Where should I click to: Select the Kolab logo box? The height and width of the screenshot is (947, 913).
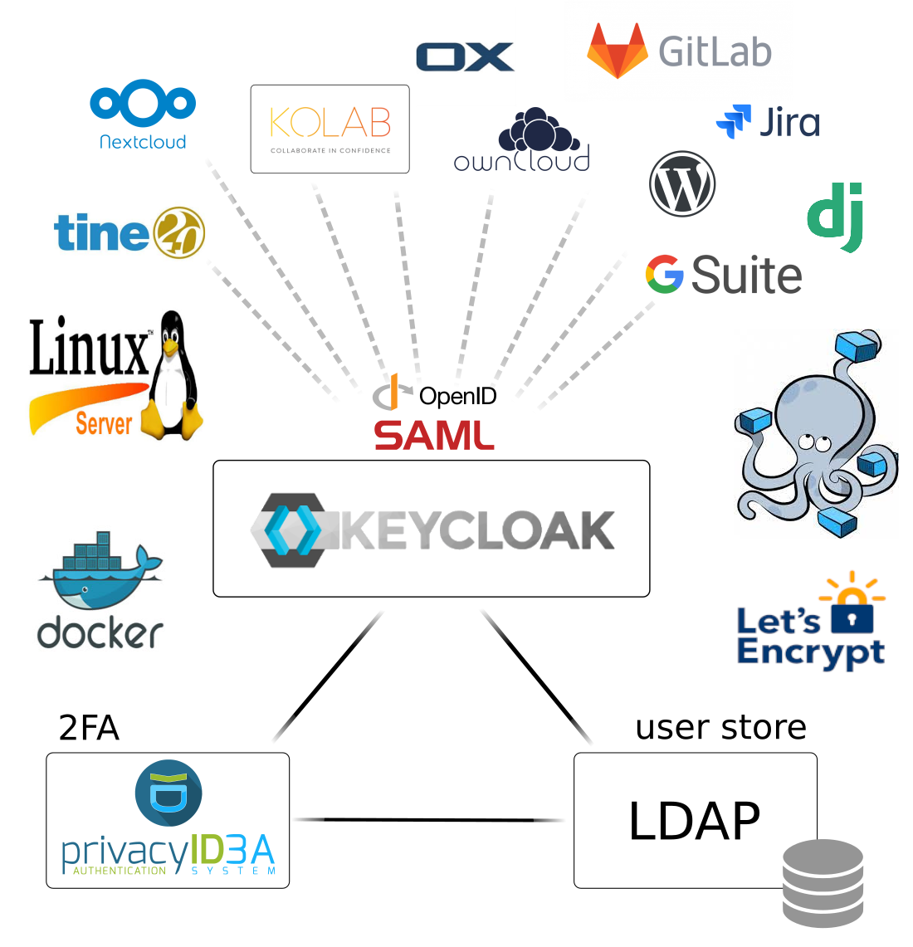tap(330, 129)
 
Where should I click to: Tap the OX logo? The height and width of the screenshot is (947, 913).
tap(465, 57)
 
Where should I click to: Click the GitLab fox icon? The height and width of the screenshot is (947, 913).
tap(617, 51)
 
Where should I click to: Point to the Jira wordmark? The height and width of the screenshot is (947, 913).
tap(789, 123)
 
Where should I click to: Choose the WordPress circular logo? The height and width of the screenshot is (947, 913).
tap(682, 184)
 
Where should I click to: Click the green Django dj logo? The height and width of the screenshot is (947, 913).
tap(836, 217)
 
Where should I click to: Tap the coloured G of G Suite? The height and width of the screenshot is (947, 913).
tap(665, 275)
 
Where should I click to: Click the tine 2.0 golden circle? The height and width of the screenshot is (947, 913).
tap(178, 232)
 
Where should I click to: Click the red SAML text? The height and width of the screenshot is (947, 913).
tap(433, 435)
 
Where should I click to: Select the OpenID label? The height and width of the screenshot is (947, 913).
tap(457, 396)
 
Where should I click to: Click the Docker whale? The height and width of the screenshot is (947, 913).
tap(100, 573)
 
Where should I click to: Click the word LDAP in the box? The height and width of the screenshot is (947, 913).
tap(694, 822)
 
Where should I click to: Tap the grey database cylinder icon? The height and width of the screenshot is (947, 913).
tap(823, 883)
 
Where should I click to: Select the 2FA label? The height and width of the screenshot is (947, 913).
tap(89, 728)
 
